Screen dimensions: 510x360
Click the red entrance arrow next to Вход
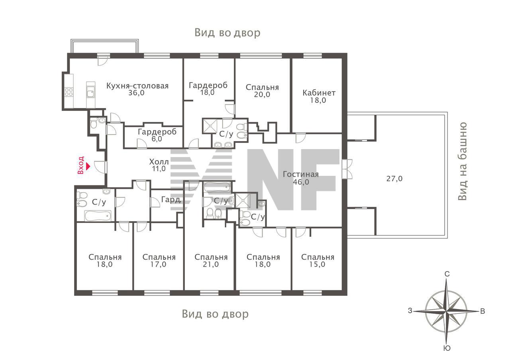(88, 166)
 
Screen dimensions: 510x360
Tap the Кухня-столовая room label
(137, 86)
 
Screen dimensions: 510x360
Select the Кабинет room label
(319, 93)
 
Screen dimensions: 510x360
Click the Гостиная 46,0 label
(300, 178)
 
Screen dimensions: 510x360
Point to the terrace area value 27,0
(394, 179)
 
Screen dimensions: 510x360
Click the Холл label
(159, 162)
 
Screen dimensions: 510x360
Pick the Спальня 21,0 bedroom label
(211, 261)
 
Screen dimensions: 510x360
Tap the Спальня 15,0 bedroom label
(318, 261)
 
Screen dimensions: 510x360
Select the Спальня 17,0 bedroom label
(159, 261)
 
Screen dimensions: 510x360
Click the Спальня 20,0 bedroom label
(262, 90)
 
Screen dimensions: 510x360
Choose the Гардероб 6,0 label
(157, 135)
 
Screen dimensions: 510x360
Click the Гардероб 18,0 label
(208, 89)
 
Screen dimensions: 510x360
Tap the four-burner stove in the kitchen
(69, 92)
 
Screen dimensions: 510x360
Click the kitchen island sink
(90, 92)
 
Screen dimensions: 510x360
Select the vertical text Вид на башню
(463, 161)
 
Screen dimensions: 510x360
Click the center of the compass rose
(447, 311)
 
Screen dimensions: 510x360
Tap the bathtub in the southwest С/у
(98, 216)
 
